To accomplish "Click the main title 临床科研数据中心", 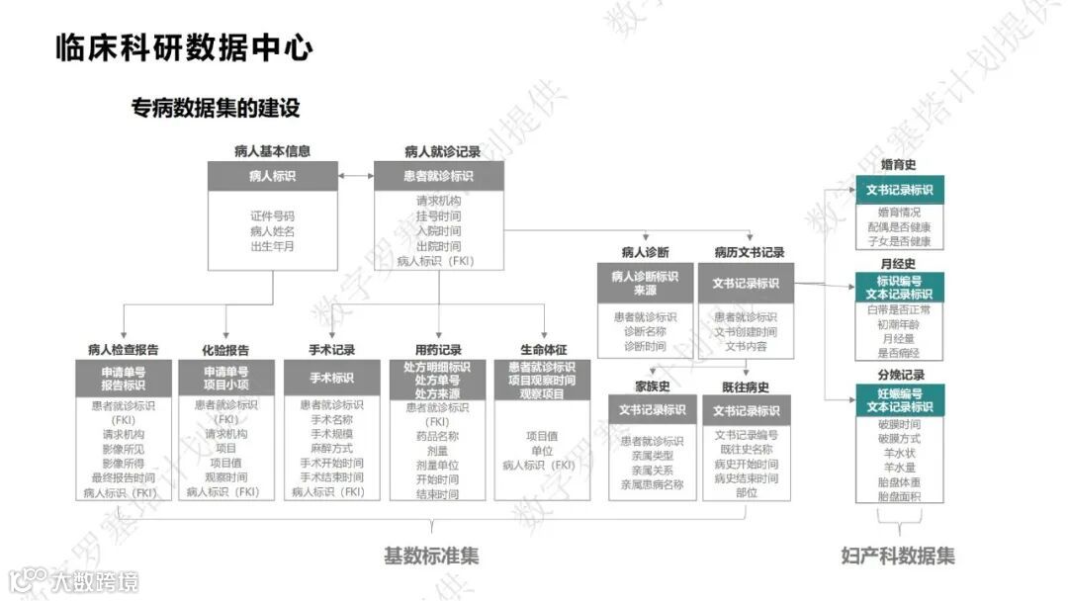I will coord(184,47).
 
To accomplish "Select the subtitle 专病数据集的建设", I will coord(215,107).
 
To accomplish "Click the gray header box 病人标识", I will coord(272,176).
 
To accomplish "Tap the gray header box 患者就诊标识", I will coord(438,176).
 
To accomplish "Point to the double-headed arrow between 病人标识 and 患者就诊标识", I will coord(355,176).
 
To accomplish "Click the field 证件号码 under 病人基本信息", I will coord(272,215).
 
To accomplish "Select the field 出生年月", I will coord(272,246).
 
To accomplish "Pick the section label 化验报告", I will coord(224,350).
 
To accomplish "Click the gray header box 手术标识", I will coord(331,378).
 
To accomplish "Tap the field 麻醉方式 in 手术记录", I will coord(331,448).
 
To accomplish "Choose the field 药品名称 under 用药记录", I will coord(437,436).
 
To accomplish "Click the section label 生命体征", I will coord(543,350).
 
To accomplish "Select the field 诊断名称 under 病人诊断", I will coord(645,331).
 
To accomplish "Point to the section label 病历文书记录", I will coord(749,252).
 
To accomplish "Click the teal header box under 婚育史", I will coord(899,190).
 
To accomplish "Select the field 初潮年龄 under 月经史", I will coord(899,324).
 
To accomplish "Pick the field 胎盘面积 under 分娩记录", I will coord(899,496).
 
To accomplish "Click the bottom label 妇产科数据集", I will coord(897,556).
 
